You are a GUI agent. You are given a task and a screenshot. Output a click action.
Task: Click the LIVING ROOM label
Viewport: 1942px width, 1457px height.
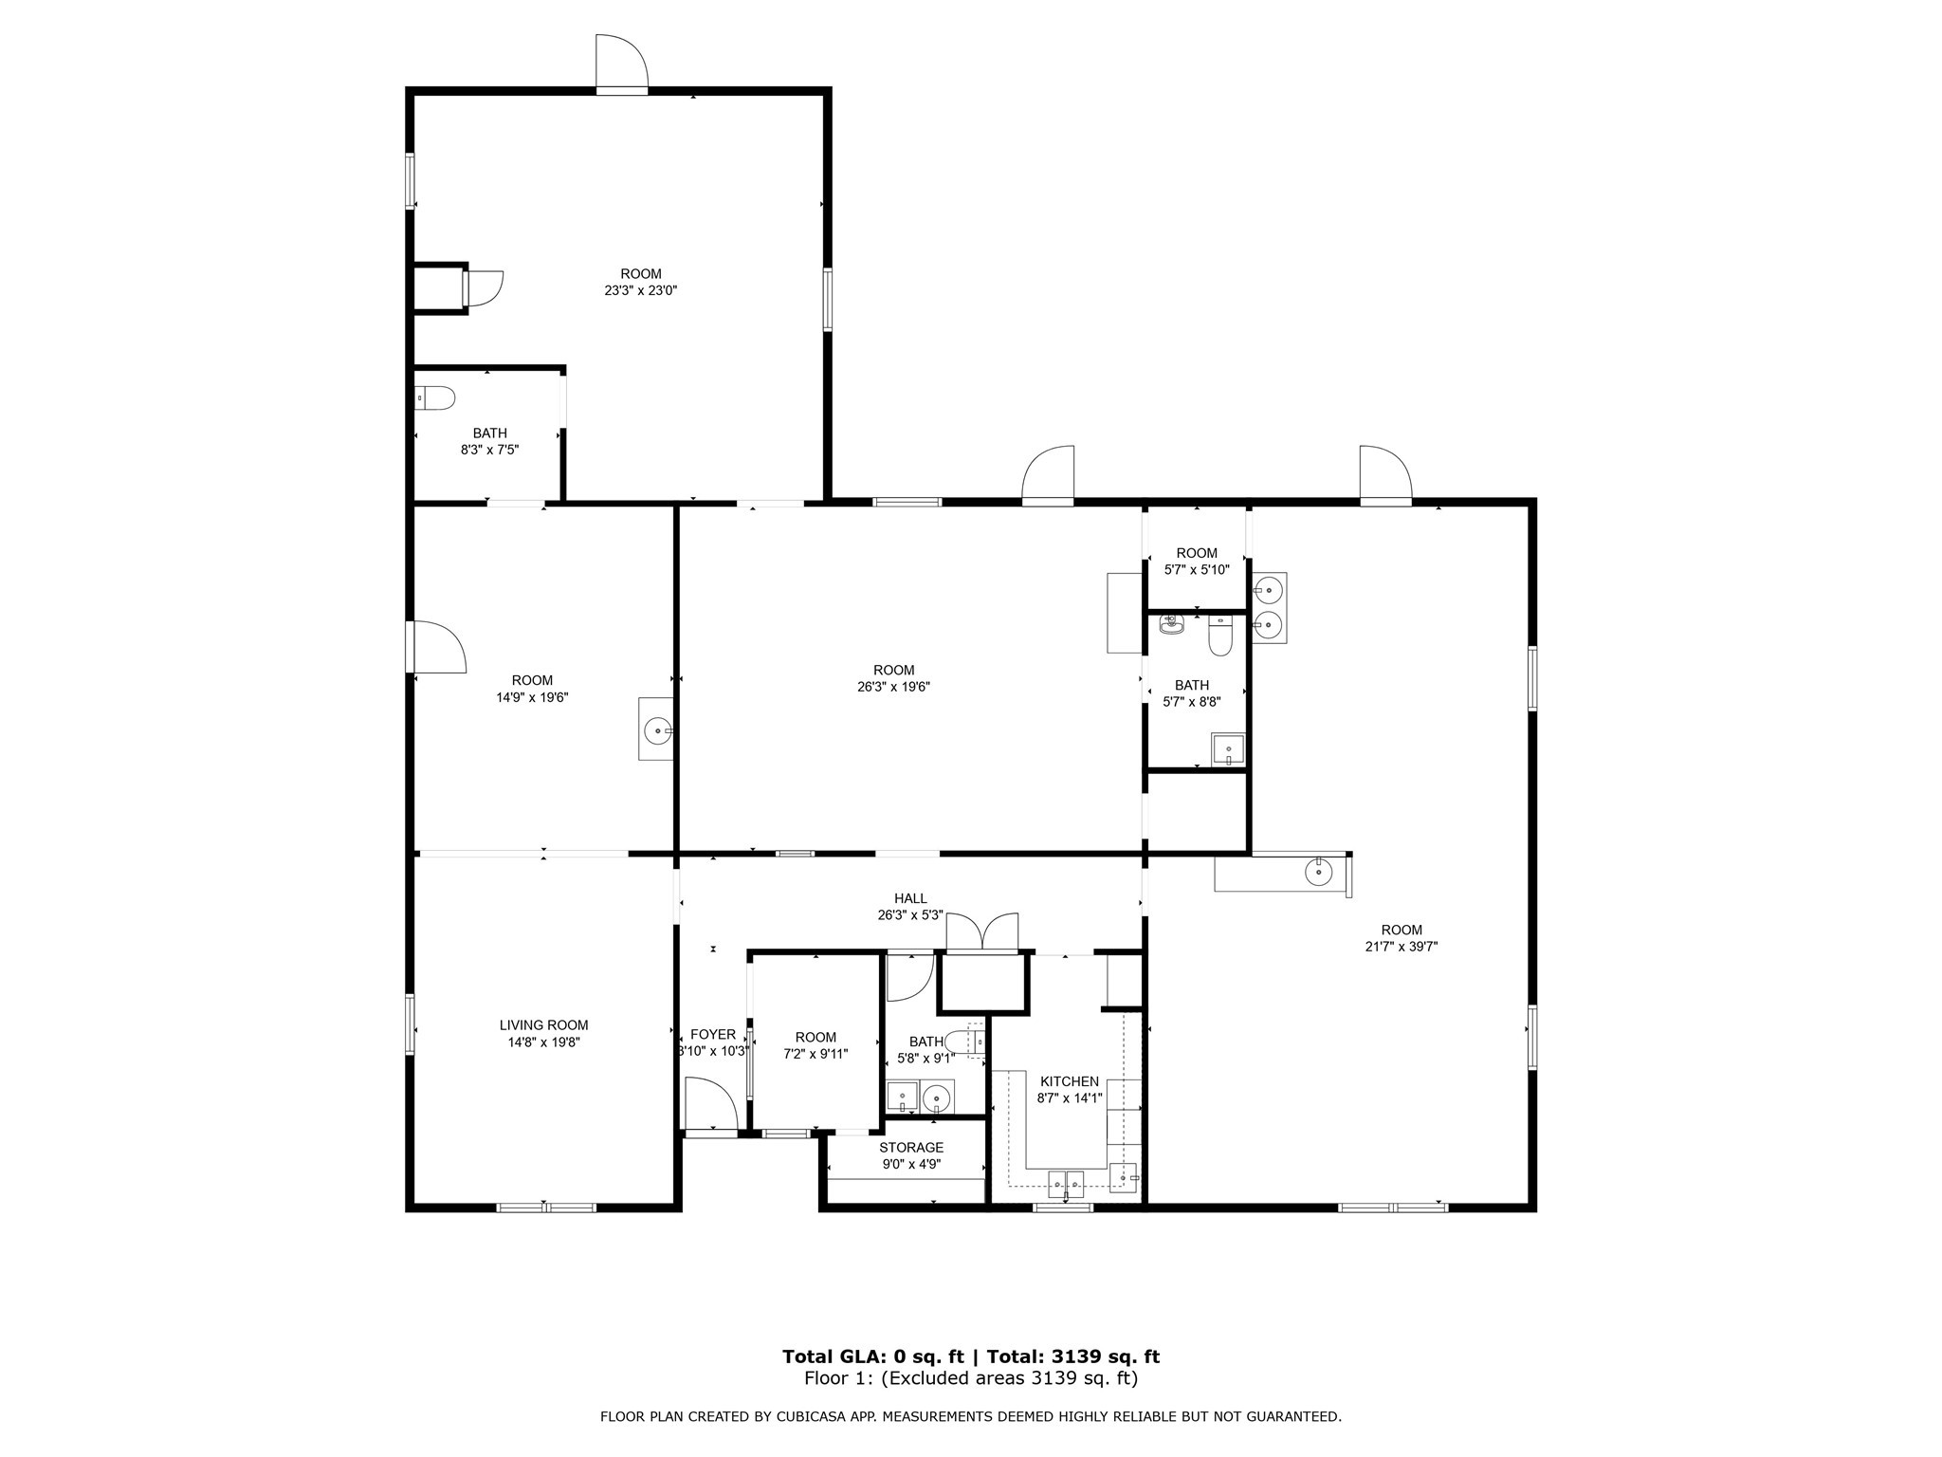543,1024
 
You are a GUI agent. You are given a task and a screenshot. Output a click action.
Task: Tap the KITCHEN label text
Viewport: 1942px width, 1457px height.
1070,1081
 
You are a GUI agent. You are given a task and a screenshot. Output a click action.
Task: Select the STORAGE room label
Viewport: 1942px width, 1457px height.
910,1148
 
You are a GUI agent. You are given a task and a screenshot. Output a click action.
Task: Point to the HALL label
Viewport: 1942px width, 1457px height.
910,898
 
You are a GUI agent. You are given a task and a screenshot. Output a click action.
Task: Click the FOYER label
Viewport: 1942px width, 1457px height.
712,1034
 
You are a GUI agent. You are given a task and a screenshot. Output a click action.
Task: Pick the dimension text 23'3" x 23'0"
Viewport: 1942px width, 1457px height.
641,291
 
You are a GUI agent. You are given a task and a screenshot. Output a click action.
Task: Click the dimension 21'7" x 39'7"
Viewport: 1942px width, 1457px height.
1402,946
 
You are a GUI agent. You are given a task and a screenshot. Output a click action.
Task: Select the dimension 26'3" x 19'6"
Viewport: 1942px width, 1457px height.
893,687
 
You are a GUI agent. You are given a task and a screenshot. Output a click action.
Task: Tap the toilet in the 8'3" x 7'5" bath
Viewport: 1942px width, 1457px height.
436,398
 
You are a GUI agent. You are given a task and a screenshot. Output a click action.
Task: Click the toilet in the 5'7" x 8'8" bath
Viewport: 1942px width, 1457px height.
1219,636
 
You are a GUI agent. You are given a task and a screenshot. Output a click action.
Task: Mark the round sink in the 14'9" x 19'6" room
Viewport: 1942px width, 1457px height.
656,730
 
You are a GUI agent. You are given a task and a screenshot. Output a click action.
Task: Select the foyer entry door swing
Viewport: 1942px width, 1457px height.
711,1104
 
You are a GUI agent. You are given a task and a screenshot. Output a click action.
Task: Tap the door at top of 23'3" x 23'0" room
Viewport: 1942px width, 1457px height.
621,63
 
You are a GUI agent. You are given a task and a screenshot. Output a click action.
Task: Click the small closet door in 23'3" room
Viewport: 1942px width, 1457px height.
484,287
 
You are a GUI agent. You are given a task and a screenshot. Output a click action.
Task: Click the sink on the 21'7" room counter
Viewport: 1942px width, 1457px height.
1318,870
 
